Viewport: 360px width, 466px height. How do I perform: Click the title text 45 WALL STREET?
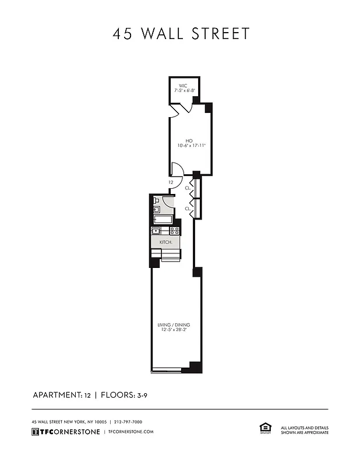[181, 34]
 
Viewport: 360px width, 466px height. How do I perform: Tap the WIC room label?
[183, 86]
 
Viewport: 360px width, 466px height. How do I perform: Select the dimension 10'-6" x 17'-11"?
[189, 146]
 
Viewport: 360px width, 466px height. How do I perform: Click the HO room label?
[189, 140]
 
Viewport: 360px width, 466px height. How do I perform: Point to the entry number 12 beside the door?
[171, 182]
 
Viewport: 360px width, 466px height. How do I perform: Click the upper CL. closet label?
[188, 188]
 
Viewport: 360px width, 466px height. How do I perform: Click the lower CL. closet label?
[188, 208]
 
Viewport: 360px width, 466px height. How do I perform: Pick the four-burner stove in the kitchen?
[174, 231]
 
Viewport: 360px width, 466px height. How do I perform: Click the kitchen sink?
[157, 231]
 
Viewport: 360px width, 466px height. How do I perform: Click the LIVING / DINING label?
[174, 324]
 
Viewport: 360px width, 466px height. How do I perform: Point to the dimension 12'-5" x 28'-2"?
[174, 330]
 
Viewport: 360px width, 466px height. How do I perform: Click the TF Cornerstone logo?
[65, 432]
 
